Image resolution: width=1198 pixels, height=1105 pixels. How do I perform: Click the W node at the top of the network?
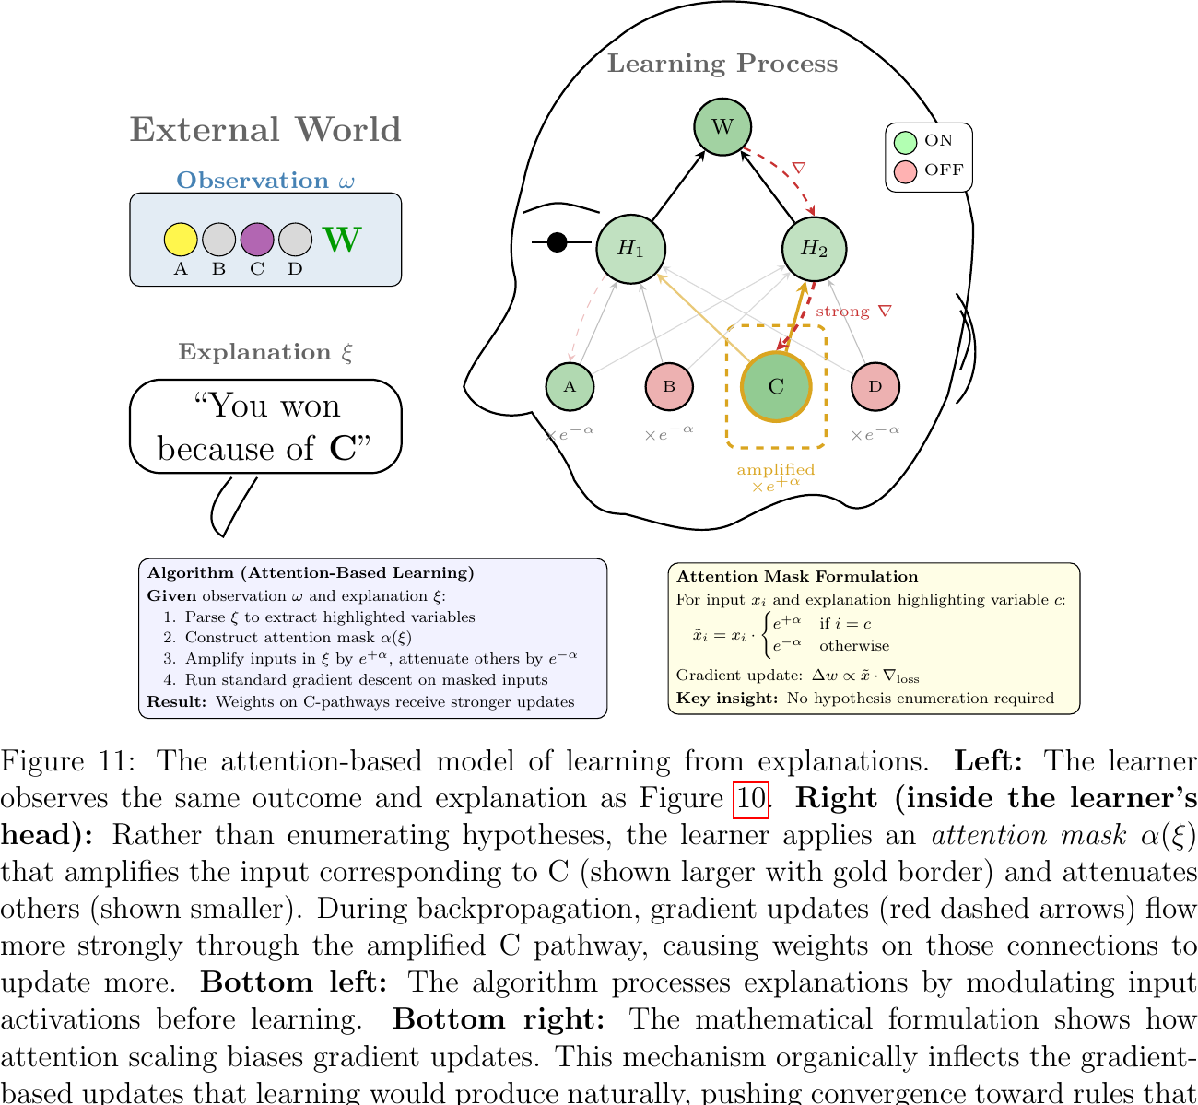[x=722, y=126]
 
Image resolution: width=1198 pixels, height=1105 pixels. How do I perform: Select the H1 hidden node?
[x=631, y=248]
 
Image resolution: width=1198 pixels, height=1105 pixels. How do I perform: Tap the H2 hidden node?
[x=814, y=248]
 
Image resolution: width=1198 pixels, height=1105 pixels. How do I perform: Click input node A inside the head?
[x=570, y=386]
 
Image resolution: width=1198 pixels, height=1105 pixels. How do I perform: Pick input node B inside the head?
[x=669, y=386]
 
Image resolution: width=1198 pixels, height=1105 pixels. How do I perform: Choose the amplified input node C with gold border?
[x=776, y=386]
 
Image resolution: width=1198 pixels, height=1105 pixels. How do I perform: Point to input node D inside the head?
[x=875, y=386]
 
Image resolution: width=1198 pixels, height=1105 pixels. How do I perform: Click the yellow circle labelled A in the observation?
[x=181, y=240]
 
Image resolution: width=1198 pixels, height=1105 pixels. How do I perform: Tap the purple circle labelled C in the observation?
[x=257, y=240]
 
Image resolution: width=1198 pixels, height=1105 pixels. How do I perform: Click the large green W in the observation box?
[x=342, y=240]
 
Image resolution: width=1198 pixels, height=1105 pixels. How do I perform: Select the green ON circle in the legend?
[x=906, y=142]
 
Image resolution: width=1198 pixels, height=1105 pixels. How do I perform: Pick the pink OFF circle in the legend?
[x=906, y=171]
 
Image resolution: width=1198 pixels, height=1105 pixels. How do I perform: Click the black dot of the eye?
[x=557, y=242]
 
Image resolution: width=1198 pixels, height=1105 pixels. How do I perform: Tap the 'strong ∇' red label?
[x=853, y=312]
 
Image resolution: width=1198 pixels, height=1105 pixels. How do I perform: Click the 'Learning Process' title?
[x=722, y=64]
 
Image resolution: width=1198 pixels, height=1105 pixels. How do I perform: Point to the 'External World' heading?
[x=265, y=130]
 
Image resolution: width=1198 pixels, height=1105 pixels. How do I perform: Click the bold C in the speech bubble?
[x=343, y=449]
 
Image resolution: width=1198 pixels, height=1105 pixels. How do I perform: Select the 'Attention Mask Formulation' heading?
[x=797, y=577]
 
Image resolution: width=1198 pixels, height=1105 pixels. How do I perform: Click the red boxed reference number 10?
[x=750, y=798]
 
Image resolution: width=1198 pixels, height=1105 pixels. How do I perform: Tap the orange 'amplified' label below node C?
[x=776, y=470]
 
